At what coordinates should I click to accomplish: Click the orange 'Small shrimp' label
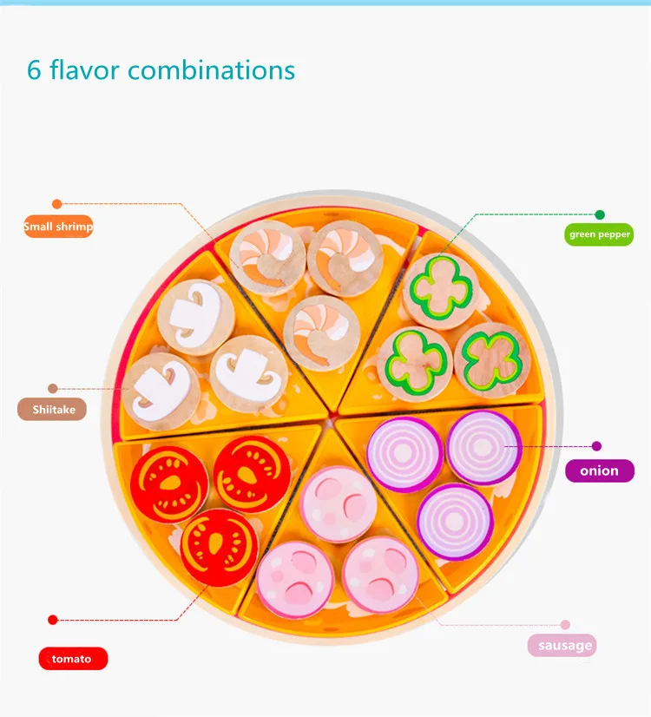tap(57, 227)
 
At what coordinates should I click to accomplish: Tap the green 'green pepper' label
tap(599, 234)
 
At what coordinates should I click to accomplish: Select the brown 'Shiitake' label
tap(53, 410)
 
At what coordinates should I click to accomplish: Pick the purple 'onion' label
tap(600, 470)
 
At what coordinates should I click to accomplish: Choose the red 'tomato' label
tap(72, 658)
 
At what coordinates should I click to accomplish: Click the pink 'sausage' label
tap(564, 645)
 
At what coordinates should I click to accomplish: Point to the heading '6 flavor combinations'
tap(161, 69)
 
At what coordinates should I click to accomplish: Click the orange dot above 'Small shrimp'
tap(57, 204)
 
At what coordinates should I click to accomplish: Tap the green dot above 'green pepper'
tap(599, 214)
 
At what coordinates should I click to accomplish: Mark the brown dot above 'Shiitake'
tap(53, 389)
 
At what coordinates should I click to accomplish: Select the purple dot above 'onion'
tap(596, 446)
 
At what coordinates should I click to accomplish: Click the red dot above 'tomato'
tap(53, 620)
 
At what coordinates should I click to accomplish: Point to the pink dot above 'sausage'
tap(565, 624)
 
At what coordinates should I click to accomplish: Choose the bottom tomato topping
tap(220, 548)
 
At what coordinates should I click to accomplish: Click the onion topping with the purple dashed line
tap(483, 447)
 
